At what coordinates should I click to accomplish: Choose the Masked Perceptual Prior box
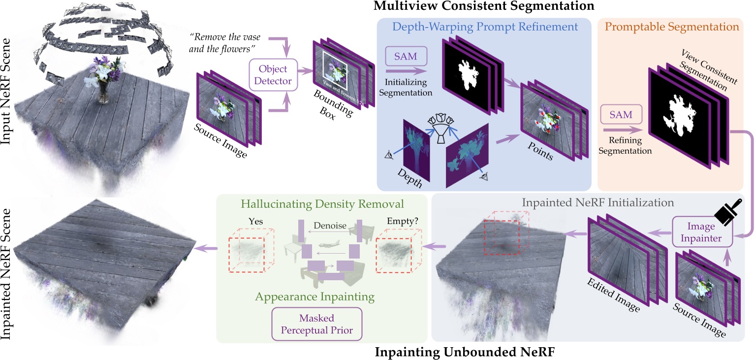point(316,324)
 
